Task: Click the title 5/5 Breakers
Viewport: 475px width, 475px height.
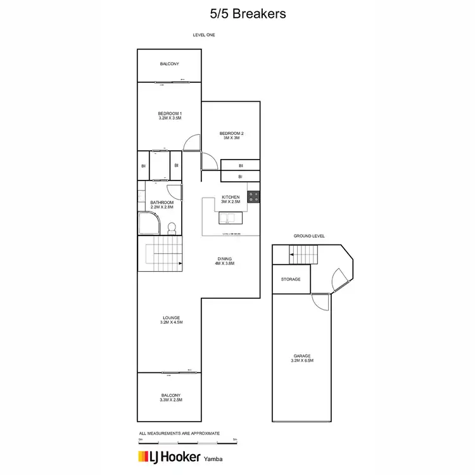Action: pyautogui.click(x=237, y=13)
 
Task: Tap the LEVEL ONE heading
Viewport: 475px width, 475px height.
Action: pyautogui.click(x=204, y=35)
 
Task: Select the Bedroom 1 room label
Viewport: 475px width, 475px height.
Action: pyautogui.click(x=170, y=115)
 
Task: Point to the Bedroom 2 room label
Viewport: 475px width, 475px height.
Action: pyautogui.click(x=231, y=136)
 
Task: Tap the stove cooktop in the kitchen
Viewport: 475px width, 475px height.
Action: pyautogui.click(x=254, y=196)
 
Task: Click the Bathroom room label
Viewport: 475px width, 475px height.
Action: pyautogui.click(x=161, y=205)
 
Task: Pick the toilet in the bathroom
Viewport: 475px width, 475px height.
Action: pyautogui.click(x=170, y=228)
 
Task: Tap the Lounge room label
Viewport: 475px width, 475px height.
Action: pyautogui.click(x=170, y=320)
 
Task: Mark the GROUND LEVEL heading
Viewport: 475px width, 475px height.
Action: pyautogui.click(x=308, y=236)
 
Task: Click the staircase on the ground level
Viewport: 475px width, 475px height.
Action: pyautogui.click(x=303, y=255)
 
